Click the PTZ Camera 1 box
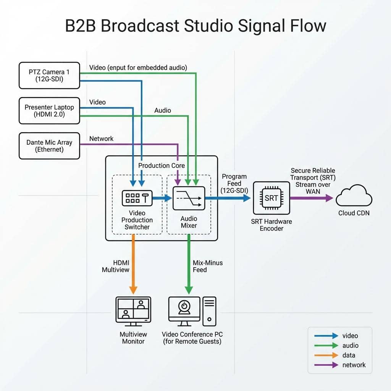tap(49, 75)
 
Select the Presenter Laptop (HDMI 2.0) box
tap(49, 111)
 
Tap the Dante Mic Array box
tap(49, 146)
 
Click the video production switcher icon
tap(137, 197)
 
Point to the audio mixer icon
tap(189, 198)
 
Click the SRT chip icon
tap(271, 198)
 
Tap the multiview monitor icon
tap(133, 311)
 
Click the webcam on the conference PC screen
tap(184, 307)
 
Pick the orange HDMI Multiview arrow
tap(133, 263)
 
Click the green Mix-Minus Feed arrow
tap(189, 263)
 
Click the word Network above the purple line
tap(101, 139)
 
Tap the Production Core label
tap(162, 165)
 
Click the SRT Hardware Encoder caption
tap(271, 225)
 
